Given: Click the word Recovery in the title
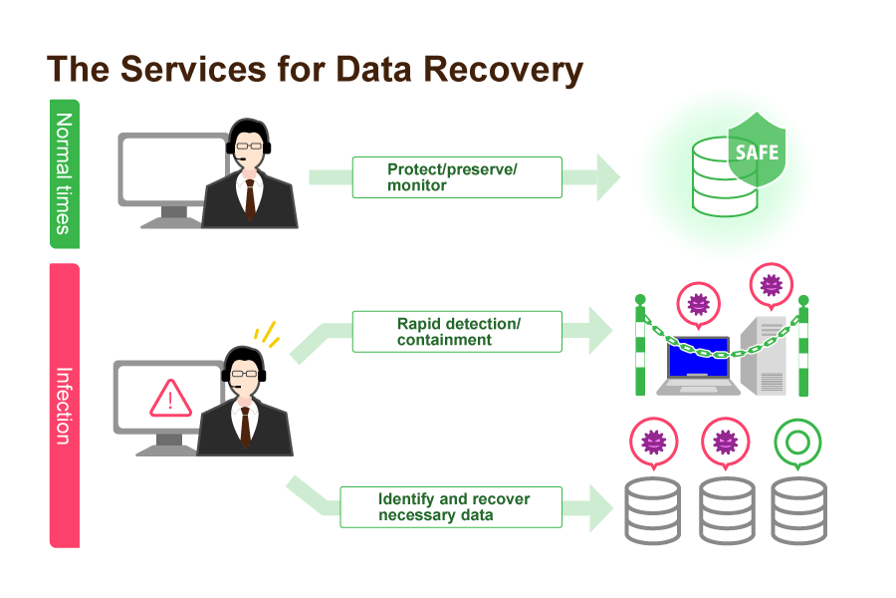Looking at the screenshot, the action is [503, 70].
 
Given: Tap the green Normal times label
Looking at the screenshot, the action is [65, 174].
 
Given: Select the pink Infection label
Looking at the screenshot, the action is [65, 406].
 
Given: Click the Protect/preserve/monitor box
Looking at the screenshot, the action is [457, 177].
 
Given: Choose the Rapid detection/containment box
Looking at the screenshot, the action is [457, 332].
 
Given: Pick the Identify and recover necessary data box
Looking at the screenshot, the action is [451, 507].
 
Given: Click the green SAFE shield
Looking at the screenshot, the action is [757, 149].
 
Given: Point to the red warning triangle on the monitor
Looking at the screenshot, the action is [170, 399].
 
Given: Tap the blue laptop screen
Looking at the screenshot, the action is [698, 357].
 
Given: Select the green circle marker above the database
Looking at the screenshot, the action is [797, 443].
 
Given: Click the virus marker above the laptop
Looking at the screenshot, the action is [698, 305].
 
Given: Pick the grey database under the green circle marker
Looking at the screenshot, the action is [798, 510].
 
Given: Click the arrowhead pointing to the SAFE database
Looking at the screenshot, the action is [608, 177].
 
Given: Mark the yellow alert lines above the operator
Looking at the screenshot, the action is [267, 334].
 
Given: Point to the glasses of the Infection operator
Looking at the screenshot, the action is [245, 374].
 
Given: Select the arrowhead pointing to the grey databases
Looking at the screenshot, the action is [601, 507].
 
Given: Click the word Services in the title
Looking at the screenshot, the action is [194, 70].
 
